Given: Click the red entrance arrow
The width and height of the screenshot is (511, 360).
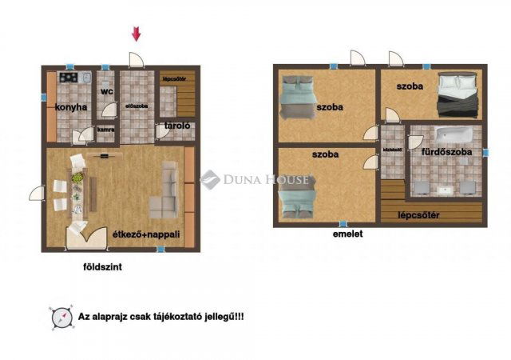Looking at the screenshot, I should point(137,33).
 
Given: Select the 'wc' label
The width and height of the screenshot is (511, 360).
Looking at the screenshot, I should point(106,92).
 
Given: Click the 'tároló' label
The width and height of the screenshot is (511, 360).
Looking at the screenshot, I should point(176,126).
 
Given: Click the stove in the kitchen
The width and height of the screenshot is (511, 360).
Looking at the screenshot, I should point(68,78).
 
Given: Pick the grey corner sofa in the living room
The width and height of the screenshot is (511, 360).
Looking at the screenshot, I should point(166,192).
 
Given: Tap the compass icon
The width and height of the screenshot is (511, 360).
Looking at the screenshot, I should point(61,318).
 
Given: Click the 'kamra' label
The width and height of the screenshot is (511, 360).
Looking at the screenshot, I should point(105,128).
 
